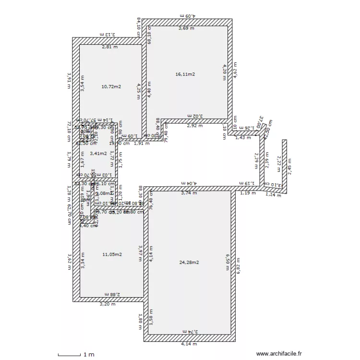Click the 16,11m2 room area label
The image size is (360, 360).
click(x=185, y=74)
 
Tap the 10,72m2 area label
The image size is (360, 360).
click(x=111, y=87)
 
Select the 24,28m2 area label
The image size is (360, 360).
click(x=189, y=262)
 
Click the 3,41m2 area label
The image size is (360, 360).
click(x=98, y=154)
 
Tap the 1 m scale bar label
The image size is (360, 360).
click(x=89, y=355)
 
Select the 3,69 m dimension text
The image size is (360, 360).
click(x=187, y=29)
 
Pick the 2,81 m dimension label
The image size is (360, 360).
click(x=109, y=47)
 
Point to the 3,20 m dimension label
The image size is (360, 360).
click(x=107, y=304)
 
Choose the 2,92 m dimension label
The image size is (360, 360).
click(x=194, y=126)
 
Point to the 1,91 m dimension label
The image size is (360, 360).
click(x=141, y=143)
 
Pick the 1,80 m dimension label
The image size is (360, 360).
click(x=140, y=322)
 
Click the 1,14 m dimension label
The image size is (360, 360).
click(x=274, y=195)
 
